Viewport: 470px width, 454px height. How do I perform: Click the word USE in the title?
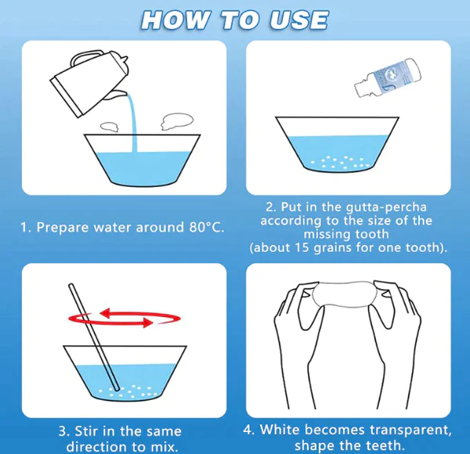pos(298,20)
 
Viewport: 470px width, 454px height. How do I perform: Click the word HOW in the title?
pos(175,20)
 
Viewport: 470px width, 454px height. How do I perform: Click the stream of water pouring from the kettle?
pos(132,123)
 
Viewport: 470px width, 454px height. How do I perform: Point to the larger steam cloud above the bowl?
pos(176,121)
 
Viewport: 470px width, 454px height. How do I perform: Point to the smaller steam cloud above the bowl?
pos(110,127)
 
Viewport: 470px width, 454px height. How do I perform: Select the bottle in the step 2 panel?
pos(388,77)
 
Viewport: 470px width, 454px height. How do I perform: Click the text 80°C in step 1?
pos(206,228)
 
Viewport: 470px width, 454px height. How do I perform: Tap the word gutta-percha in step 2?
pos(385,207)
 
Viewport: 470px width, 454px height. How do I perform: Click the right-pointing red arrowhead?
pos(147,322)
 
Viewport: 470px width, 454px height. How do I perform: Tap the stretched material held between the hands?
pos(342,294)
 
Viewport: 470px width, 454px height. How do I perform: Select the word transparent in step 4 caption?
pos(410,431)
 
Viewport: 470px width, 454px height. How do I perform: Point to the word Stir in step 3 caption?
pos(86,431)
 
